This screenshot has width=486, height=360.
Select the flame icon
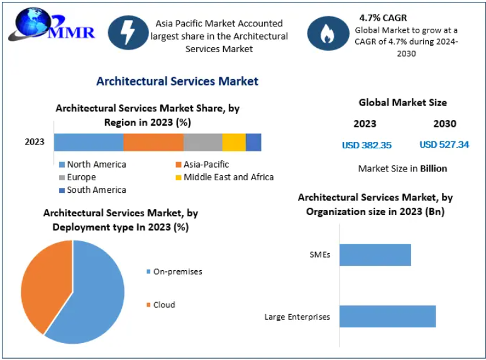(x=327, y=33)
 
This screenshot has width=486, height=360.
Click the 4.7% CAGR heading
(x=383, y=18)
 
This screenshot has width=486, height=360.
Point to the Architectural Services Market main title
(x=177, y=81)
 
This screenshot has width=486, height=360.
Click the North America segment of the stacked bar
(x=88, y=142)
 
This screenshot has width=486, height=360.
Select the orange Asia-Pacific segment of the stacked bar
(x=153, y=142)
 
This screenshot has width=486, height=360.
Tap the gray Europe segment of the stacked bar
(x=202, y=142)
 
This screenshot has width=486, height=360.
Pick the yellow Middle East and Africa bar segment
(x=233, y=142)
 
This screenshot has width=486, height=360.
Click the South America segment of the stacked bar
(x=253, y=142)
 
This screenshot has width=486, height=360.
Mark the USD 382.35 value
(x=367, y=145)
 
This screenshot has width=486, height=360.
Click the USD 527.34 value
(x=444, y=145)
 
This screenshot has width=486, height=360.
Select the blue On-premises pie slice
(x=94, y=295)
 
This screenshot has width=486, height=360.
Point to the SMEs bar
(x=375, y=254)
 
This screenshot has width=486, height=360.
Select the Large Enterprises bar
(x=387, y=316)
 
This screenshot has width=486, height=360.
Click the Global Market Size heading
(x=402, y=102)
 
